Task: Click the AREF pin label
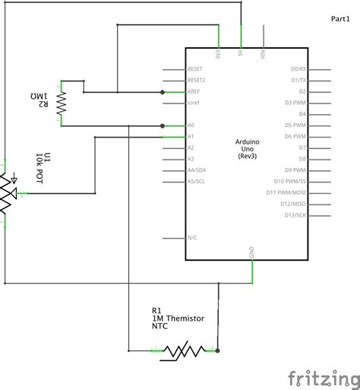194,90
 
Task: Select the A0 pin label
191,125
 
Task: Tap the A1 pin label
191,136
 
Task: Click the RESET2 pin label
196,79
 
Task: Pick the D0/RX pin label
298,68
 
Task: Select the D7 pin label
302,147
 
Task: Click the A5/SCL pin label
196,182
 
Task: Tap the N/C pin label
193,238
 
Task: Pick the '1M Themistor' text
178,319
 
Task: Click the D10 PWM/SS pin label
289,182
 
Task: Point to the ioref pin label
194,102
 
